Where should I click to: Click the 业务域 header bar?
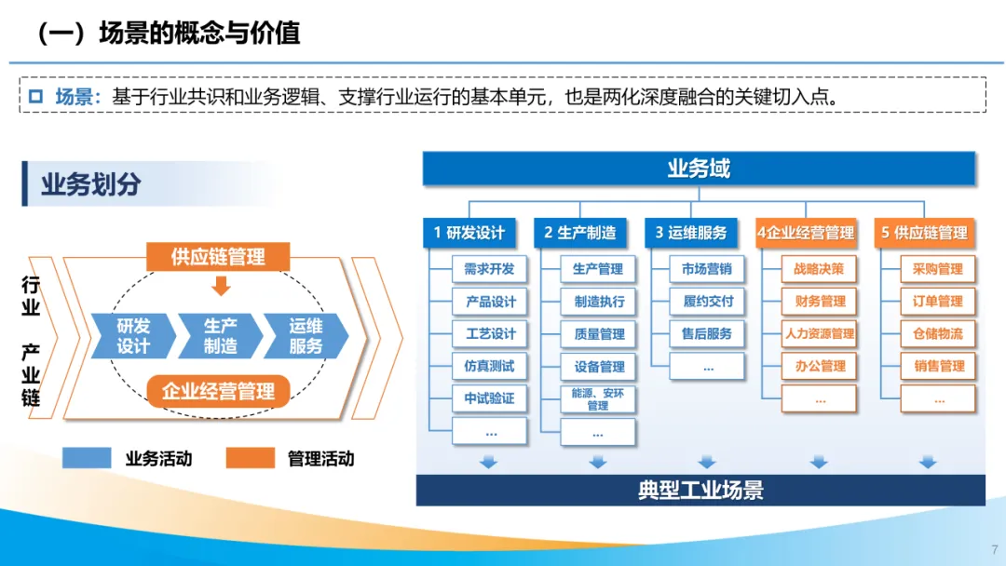click(699, 168)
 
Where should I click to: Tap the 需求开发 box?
click(490, 269)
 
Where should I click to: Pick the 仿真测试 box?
click(490, 366)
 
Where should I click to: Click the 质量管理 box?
click(598, 334)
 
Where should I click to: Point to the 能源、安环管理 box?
click(598, 399)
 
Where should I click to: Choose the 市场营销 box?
click(706, 269)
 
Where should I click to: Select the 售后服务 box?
click(706, 333)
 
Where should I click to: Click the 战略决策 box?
click(819, 269)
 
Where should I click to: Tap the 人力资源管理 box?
click(819, 333)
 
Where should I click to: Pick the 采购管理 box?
click(937, 269)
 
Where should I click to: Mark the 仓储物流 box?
click(937, 333)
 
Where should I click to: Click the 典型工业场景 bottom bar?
click(700, 490)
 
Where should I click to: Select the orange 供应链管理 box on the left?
click(218, 257)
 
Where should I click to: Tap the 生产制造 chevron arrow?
click(222, 336)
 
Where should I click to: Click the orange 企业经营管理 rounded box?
click(218, 391)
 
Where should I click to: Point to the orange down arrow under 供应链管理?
click(221, 285)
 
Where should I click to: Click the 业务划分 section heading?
click(90, 184)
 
